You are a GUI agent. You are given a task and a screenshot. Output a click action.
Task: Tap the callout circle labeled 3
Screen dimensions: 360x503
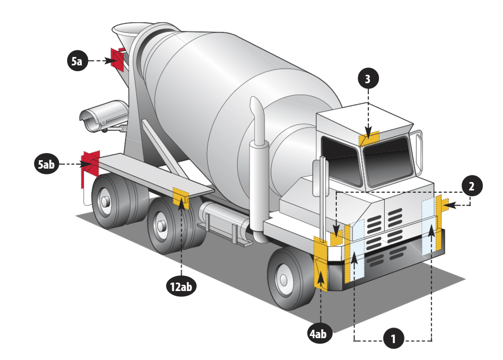[367, 79]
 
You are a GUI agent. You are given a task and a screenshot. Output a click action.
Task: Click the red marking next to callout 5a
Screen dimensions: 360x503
[118, 58]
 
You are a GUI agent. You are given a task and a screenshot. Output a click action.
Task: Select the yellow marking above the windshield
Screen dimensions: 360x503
[369, 138]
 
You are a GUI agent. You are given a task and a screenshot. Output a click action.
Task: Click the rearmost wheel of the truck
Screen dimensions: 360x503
[107, 200]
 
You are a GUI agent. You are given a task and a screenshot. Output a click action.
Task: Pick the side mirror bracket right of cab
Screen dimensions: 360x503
[418, 151]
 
